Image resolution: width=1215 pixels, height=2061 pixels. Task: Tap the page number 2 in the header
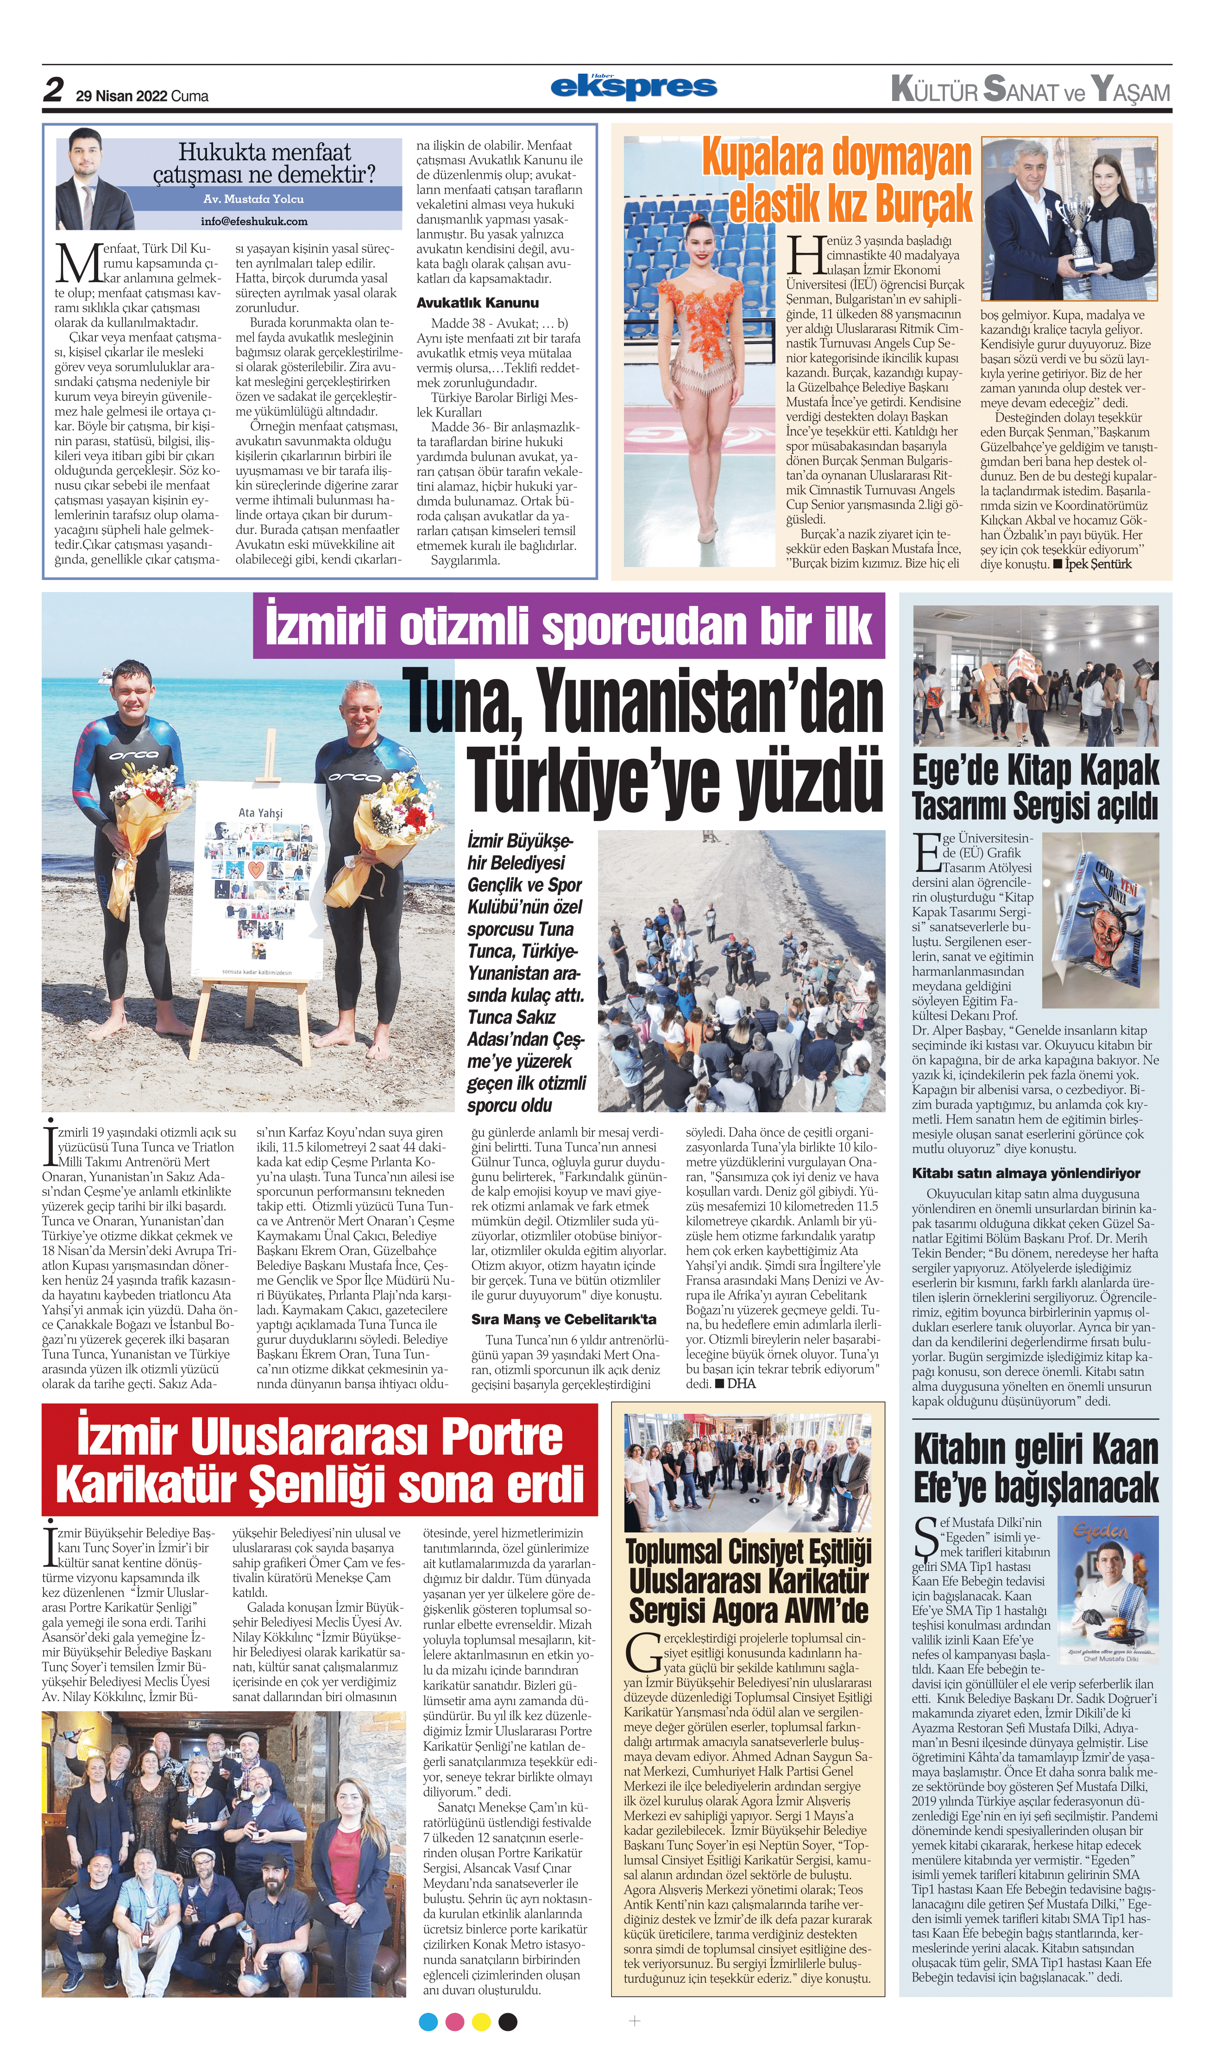[53, 89]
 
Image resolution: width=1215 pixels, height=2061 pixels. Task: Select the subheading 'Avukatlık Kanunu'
[477, 302]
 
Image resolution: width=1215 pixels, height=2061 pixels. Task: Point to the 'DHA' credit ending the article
[741, 1384]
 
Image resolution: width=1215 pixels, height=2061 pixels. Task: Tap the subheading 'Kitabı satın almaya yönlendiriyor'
[1026, 1173]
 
